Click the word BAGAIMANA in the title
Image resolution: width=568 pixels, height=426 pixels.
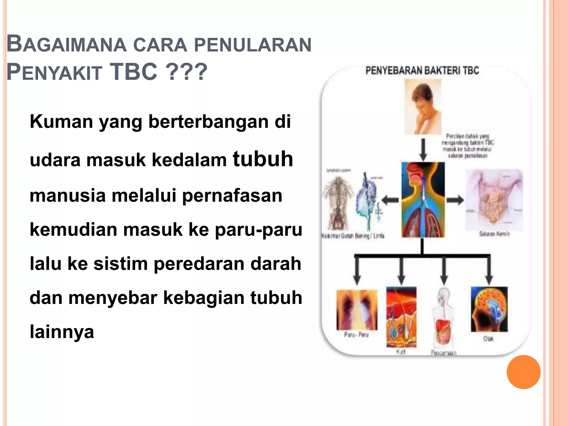pos(67,44)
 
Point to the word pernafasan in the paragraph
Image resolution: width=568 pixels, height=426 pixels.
pos(232,196)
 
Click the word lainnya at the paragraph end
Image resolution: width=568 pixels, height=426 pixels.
pos(62,332)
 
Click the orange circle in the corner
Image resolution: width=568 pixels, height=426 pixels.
pos(523,372)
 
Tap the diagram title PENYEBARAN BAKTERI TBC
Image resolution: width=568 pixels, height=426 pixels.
pos(422,70)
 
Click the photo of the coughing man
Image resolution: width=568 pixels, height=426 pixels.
pos(423,107)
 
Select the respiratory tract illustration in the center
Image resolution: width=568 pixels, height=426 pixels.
pos(423,200)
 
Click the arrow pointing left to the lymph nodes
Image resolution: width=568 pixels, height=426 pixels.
pos(390,200)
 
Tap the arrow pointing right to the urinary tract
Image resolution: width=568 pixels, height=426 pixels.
pos(455,200)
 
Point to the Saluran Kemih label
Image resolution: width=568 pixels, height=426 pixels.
pos(494,234)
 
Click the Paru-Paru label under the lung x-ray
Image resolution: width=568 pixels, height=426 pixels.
pos(356,335)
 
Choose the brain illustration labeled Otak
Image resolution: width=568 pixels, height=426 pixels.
pos(489,309)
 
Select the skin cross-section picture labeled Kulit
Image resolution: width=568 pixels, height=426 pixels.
pos(401,317)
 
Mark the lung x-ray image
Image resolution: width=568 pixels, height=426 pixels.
pos(357,310)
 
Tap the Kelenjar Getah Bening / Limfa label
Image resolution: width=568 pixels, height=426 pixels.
pos(353,236)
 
